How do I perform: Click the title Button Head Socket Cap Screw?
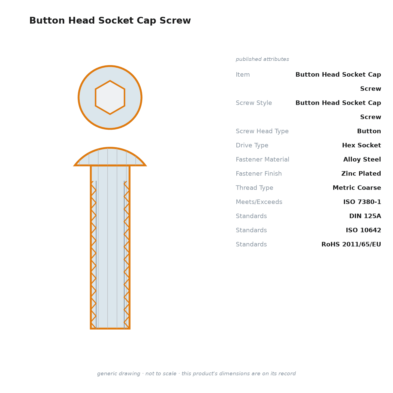click(x=110, y=20)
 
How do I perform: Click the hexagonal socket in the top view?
click(x=110, y=97)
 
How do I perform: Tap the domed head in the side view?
click(x=110, y=157)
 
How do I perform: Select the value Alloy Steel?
click(x=362, y=159)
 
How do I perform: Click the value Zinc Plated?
click(x=361, y=173)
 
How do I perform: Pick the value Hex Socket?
click(x=361, y=145)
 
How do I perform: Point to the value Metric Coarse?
click(x=357, y=188)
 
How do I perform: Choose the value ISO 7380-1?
click(x=362, y=202)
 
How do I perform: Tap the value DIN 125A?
click(x=365, y=216)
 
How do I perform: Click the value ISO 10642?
click(x=364, y=230)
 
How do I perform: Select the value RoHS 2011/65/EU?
click(x=351, y=244)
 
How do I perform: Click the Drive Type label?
click(x=252, y=145)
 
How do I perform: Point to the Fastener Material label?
click(x=262, y=159)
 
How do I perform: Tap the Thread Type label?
click(x=254, y=188)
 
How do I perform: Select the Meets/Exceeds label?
click(x=259, y=202)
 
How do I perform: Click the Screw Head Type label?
click(x=262, y=131)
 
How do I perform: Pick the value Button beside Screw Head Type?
click(x=369, y=131)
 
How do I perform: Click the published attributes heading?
click(x=262, y=59)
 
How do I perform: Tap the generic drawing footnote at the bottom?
click(x=196, y=373)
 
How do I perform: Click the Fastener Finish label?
click(x=259, y=173)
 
